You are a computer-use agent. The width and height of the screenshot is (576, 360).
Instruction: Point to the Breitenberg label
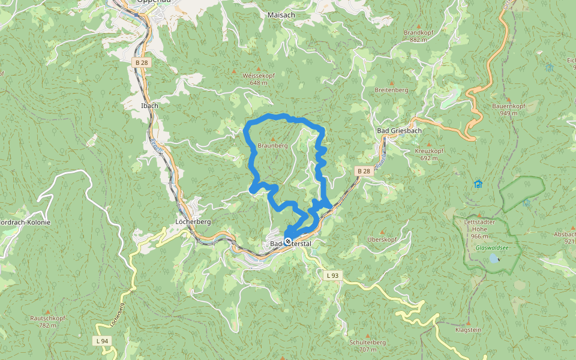[x=391, y=90]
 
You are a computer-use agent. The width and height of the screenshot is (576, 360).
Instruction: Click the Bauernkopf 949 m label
[x=509, y=109]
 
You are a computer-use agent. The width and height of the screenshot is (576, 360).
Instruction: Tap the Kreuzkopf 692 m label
[x=428, y=154]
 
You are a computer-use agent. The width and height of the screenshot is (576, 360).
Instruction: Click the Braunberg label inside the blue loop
[x=272, y=146]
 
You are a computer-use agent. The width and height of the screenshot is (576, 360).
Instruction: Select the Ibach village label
[x=149, y=106]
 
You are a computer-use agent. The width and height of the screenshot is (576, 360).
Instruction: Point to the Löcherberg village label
[x=193, y=221]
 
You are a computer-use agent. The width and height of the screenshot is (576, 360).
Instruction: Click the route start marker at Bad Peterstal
[x=288, y=241]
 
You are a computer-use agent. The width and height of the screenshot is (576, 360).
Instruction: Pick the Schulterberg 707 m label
[x=367, y=345]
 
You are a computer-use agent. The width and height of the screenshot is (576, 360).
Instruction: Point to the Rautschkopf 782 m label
[x=47, y=321]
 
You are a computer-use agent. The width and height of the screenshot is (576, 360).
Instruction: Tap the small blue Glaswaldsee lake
[x=493, y=259]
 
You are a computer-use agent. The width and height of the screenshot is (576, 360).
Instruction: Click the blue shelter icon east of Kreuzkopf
[x=478, y=184]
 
